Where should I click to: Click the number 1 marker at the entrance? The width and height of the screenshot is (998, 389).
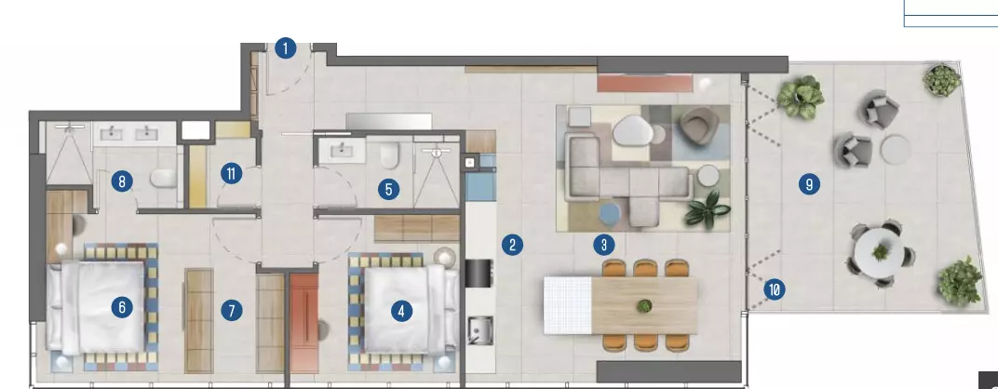pyautogui.click(x=286, y=48)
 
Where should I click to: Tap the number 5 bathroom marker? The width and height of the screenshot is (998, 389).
pyautogui.click(x=387, y=189)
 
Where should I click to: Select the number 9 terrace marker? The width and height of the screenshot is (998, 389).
pyautogui.click(x=809, y=184)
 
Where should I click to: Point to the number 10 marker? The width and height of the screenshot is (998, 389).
pyautogui.click(x=774, y=290)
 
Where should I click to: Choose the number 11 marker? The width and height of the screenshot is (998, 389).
pyautogui.click(x=231, y=173)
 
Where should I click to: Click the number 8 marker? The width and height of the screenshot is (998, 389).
pyautogui.click(x=122, y=182)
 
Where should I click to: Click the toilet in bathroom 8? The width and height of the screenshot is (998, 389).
pyautogui.click(x=162, y=179)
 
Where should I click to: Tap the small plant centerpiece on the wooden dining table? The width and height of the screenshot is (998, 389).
pyautogui.click(x=645, y=305)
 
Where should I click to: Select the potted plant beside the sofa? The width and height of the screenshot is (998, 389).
pyautogui.click(x=708, y=209)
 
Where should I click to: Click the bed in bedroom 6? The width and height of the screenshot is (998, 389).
pyautogui.click(x=96, y=307)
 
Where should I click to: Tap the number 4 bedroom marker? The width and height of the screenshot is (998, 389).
pyautogui.click(x=400, y=312)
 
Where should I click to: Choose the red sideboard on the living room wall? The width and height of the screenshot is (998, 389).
pyautogui.click(x=644, y=83)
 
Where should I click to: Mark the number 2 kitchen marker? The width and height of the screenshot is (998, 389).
pyautogui.click(x=512, y=245)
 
